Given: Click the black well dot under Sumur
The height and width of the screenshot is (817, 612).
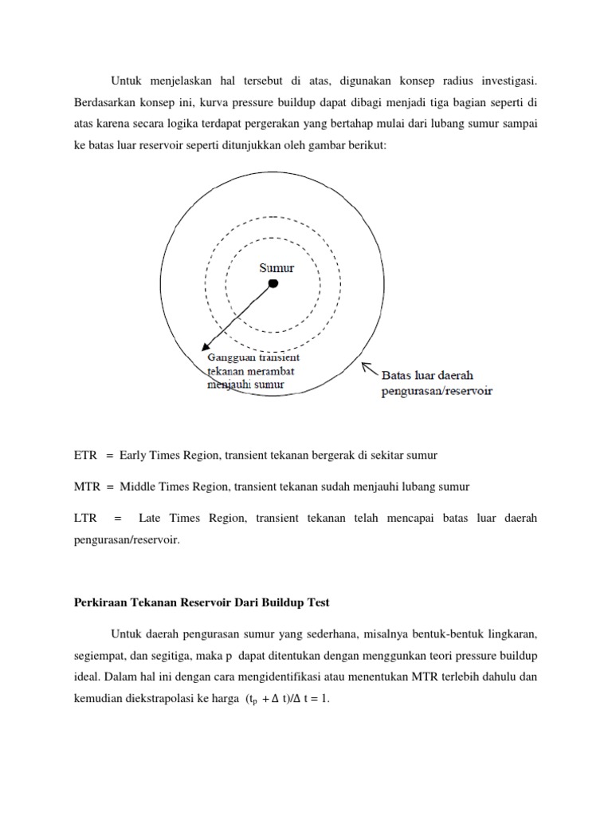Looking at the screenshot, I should point(273,284).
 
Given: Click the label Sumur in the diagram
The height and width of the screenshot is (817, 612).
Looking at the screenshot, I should point(277,267).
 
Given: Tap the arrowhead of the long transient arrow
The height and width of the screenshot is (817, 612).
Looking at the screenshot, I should point(206,348).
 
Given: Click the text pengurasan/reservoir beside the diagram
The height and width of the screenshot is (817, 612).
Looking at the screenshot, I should point(437,391).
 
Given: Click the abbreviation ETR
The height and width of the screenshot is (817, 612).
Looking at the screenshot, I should point(84,455).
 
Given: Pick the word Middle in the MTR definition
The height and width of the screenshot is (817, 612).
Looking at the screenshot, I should point(139,487).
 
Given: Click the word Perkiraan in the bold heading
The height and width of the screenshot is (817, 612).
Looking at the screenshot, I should point(98,603).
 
